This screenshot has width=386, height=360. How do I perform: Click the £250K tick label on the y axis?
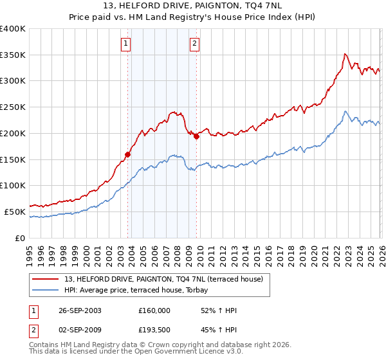(13, 107)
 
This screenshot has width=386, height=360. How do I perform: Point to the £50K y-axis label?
(15, 212)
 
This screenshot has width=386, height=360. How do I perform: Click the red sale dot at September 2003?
(128, 154)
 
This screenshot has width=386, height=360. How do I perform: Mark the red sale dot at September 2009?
(196, 136)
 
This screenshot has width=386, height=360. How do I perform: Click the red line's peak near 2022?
(345, 54)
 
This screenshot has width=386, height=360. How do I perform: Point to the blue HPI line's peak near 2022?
(345, 111)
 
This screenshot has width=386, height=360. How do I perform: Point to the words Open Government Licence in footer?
(184, 353)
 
